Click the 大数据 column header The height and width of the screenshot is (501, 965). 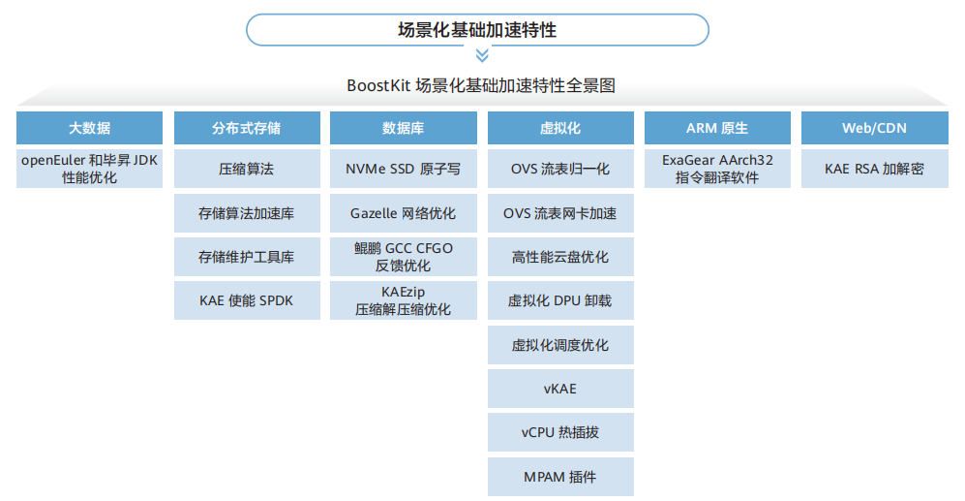89,128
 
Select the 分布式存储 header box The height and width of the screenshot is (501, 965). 247,128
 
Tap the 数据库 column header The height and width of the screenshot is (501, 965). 403,128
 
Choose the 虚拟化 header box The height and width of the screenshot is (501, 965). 560,128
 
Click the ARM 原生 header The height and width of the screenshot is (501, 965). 717,128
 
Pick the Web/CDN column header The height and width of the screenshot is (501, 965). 875,128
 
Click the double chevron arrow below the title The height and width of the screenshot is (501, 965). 482,55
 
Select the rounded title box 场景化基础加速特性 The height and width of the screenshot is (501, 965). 477,30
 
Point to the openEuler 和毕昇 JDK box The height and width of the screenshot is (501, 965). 89,169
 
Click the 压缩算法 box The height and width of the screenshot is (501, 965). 247,169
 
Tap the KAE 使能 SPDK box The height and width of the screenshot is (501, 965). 247,300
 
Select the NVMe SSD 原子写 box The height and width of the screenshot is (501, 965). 403,169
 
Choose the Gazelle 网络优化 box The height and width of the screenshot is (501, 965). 403,213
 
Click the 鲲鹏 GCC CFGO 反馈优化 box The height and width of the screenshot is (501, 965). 403,257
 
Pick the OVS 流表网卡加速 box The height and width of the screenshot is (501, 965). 560,213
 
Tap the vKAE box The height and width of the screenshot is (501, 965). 560,389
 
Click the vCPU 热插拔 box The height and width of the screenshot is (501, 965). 560,432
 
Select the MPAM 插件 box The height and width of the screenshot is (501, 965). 560,477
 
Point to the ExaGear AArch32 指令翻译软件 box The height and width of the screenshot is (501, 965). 717,169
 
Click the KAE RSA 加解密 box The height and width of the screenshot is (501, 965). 875,169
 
